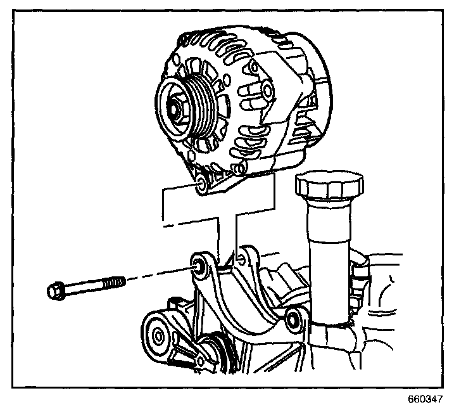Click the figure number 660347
(425, 400)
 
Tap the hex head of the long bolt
(56, 292)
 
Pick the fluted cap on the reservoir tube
(329, 187)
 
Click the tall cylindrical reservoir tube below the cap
(328, 254)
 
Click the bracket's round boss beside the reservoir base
(293, 318)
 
